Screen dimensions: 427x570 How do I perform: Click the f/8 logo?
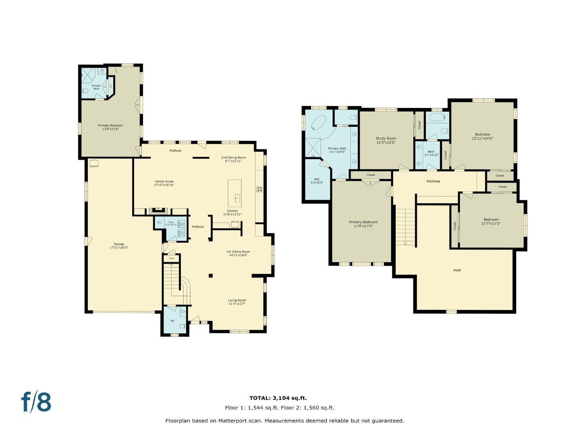point(36,402)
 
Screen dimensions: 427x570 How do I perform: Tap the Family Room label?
point(164,183)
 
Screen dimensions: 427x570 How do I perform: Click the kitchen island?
point(234,191)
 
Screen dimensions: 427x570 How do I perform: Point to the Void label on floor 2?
point(456,270)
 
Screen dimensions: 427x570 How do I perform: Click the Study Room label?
point(386,140)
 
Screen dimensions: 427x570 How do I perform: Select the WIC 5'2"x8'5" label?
point(317,181)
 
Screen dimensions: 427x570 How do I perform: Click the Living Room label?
point(237,302)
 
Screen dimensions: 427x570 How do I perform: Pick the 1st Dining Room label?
point(238,253)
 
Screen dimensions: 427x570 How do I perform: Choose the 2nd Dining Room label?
point(233,159)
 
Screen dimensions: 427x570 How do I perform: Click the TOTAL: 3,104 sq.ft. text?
point(278,398)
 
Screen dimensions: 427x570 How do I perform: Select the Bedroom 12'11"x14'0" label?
point(483,136)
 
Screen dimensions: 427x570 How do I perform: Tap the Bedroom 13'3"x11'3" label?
point(490,221)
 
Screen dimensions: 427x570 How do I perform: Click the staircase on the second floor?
point(405,225)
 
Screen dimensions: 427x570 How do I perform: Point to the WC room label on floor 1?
point(173,321)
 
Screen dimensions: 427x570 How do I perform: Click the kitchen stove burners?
point(260,189)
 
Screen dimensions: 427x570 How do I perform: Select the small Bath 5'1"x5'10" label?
point(431,153)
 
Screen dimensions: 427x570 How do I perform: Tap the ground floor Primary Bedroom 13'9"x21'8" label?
point(110,127)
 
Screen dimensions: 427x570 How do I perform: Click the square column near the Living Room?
point(211,276)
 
